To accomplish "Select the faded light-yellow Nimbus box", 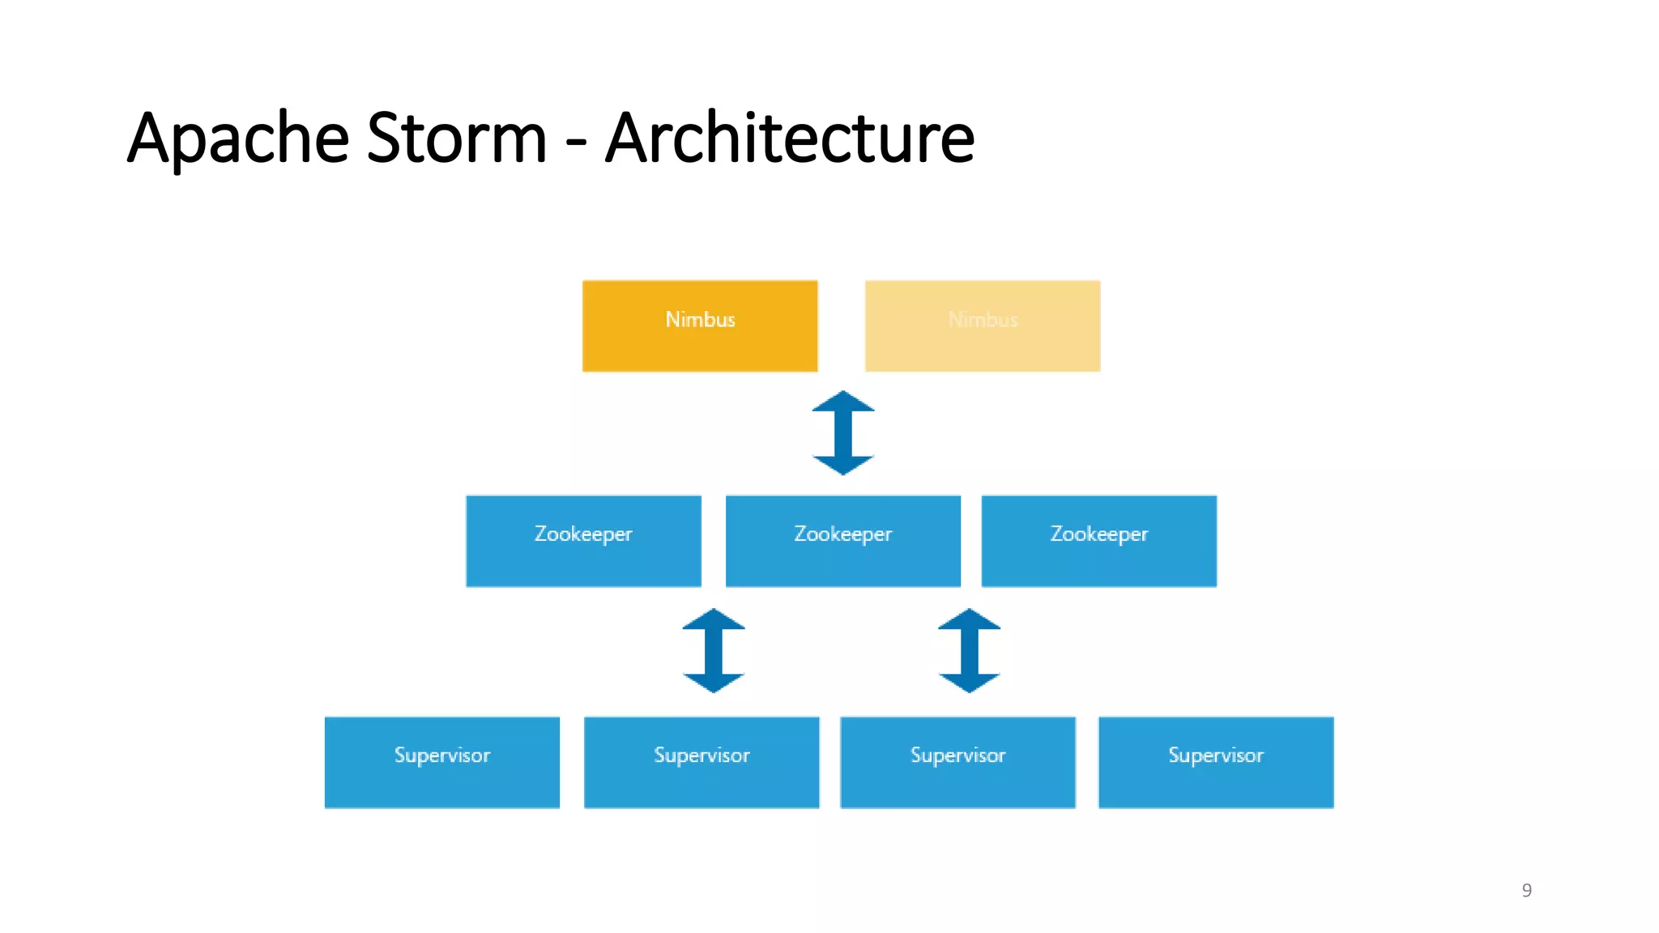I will [x=983, y=326].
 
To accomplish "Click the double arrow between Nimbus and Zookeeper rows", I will [x=843, y=432].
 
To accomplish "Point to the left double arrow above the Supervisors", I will [x=713, y=650].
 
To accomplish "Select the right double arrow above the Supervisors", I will [x=969, y=650].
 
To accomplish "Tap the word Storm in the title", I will [x=457, y=138].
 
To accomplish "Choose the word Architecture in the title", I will [x=790, y=138].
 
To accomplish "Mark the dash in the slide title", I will [x=576, y=144].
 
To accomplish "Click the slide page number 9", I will [x=1526, y=890].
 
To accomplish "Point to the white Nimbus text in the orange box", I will [x=700, y=319].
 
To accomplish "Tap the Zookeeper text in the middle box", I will [x=842, y=534].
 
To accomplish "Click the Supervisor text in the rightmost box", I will [x=1216, y=755].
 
